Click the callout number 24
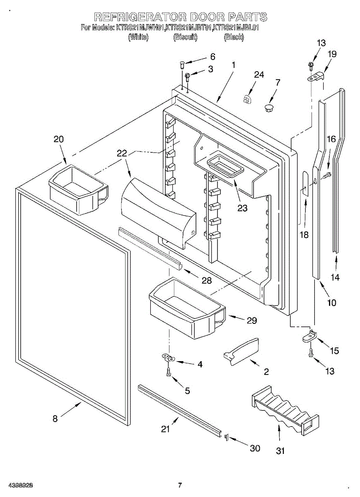pyautogui.click(x=259, y=75)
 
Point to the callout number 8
pyautogui.click(x=55, y=419)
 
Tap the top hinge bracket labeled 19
pyautogui.click(x=316, y=77)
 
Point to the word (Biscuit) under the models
pyautogui.click(x=185, y=37)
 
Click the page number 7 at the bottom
pyautogui.click(x=180, y=485)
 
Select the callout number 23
pyautogui.click(x=242, y=208)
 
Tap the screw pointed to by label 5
pyautogui.click(x=169, y=372)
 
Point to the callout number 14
pyautogui.click(x=335, y=277)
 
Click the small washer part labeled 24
pyautogui.click(x=247, y=100)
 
